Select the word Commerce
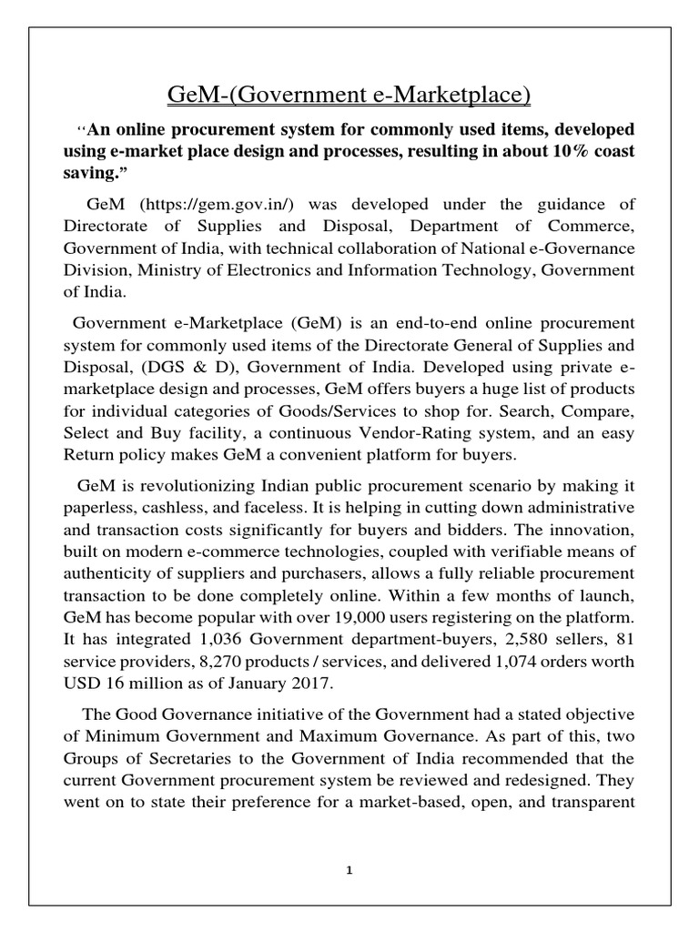point(591,226)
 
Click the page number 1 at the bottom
point(349,869)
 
